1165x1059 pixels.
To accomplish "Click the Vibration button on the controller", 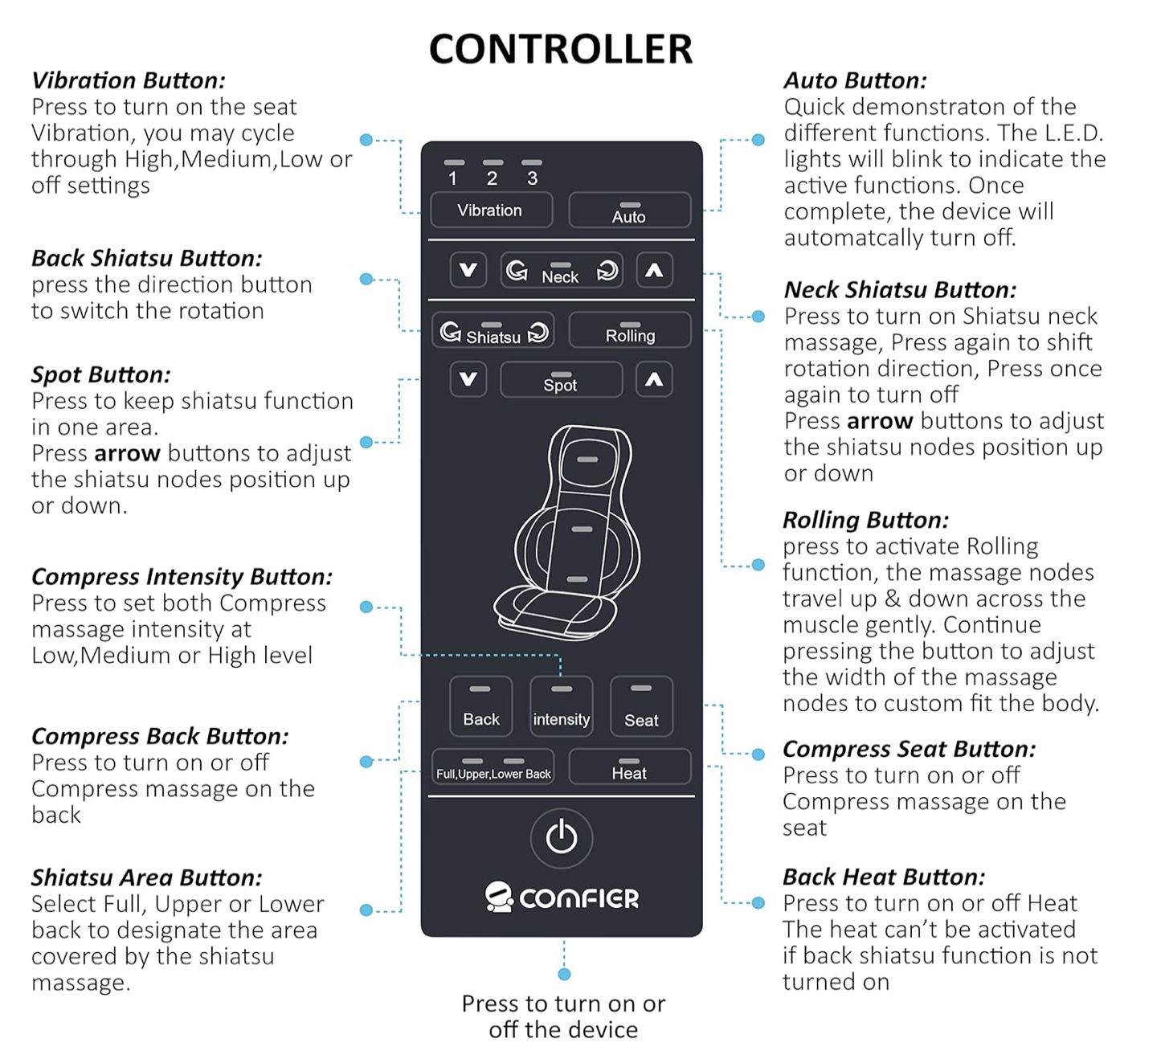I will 491,210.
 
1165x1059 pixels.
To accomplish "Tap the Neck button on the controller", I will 561,272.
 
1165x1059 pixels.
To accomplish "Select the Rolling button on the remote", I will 629,331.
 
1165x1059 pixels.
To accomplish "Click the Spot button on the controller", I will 561,380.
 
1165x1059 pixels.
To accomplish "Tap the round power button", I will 561,838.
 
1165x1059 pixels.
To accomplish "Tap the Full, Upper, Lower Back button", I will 493,767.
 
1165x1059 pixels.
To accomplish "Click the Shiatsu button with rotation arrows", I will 493,331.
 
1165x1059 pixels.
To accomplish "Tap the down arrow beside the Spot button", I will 468,379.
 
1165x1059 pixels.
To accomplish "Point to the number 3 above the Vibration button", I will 532,178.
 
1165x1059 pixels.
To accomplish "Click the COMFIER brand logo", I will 562,897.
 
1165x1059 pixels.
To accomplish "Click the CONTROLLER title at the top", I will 561,49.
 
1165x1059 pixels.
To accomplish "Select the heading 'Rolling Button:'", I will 865,520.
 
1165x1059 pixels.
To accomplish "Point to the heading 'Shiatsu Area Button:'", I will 147,877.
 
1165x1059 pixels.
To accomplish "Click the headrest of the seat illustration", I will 587,459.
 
